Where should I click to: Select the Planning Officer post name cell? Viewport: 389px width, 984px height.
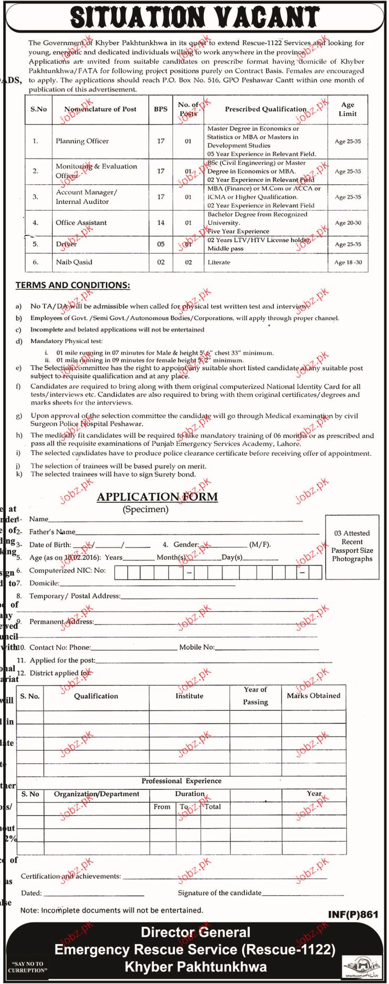pos(82,141)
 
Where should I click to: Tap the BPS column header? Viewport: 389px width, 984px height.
pos(161,109)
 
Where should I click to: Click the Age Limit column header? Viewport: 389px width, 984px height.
pos(348,109)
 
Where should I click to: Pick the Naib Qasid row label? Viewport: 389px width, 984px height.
pos(74,262)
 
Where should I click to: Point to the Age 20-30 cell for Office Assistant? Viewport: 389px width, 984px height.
pos(348,223)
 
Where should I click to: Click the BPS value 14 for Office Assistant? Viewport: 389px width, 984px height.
pos(161,223)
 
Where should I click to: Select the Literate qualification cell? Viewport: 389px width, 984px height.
pos(219,262)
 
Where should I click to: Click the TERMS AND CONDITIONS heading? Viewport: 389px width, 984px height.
pos(73,285)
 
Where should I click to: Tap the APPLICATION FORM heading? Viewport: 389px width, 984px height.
pos(157,497)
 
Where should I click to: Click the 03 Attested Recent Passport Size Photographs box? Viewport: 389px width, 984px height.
pos(352,546)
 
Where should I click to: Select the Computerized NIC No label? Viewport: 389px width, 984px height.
pos(67,571)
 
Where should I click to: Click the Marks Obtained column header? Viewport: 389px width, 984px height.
pos(313,696)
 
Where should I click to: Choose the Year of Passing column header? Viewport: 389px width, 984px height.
pos(255,696)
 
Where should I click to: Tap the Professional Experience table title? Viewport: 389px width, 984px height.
pos(181,781)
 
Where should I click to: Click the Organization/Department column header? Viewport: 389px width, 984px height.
pos(96,794)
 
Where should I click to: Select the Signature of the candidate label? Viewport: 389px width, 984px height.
pos(219,893)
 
